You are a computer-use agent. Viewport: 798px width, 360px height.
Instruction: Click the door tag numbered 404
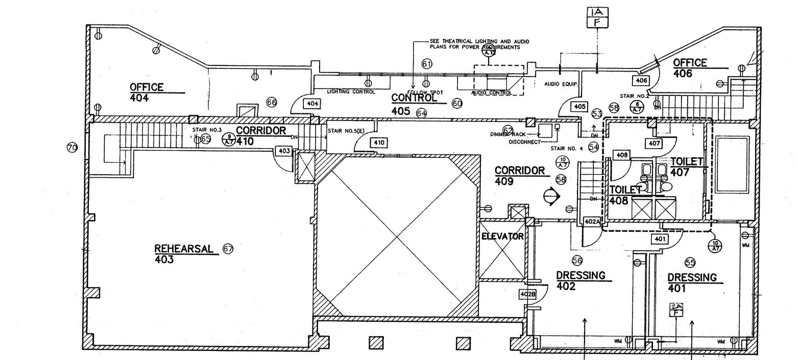point(312,104)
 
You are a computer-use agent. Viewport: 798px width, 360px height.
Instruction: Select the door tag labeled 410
point(378,143)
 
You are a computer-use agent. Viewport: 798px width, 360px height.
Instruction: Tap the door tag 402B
point(528,295)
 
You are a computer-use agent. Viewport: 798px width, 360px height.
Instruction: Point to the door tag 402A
point(591,222)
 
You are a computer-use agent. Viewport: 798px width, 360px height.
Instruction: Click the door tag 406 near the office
point(641,80)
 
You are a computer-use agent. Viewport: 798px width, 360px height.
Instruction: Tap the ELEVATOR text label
point(502,236)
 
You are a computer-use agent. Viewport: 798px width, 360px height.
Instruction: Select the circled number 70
point(72,148)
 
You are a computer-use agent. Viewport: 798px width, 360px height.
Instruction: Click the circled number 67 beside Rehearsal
point(228,249)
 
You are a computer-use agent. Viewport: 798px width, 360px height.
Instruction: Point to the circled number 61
point(427,64)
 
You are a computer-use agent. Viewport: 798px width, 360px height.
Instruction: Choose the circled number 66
point(272,103)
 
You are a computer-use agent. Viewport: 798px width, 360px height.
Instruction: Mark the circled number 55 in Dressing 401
point(690,262)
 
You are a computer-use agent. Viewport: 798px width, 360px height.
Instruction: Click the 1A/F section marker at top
point(597,17)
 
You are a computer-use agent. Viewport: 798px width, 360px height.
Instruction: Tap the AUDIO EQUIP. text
point(561,84)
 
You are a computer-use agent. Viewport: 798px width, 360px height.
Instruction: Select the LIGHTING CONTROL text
point(351,92)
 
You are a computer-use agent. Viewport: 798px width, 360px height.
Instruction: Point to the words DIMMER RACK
point(507,134)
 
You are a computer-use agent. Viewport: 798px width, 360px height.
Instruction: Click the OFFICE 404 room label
point(147,92)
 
